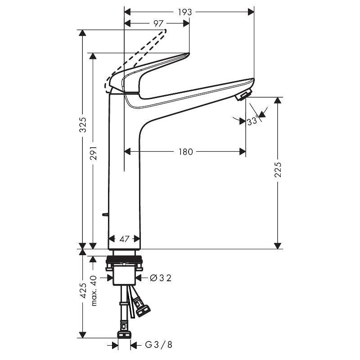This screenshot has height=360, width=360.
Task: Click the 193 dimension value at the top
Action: click(x=184, y=12)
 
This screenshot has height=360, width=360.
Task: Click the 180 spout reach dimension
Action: click(x=184, y=152)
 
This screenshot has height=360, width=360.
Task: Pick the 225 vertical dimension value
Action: click(x=278, y=170)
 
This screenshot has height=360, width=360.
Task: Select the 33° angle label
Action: click(x=253, y=121)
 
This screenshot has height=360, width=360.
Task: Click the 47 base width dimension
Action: click(x=125, y=239)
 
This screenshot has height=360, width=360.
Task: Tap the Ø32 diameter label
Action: click(x=160, y=278)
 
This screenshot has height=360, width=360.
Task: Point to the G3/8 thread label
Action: click(x=158, y=345)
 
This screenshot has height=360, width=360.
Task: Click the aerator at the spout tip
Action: click(x=243, y=95)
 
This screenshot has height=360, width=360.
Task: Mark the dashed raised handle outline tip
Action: click(x=166, y=31)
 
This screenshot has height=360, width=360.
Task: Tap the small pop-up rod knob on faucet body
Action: click(x=106, y=214)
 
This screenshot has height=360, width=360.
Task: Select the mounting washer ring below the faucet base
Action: click(x=125, y=260)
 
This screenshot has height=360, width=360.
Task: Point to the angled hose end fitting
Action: click(x=143, y=309)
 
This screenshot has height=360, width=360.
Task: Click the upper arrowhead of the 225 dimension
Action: click(x=279, y=100)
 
